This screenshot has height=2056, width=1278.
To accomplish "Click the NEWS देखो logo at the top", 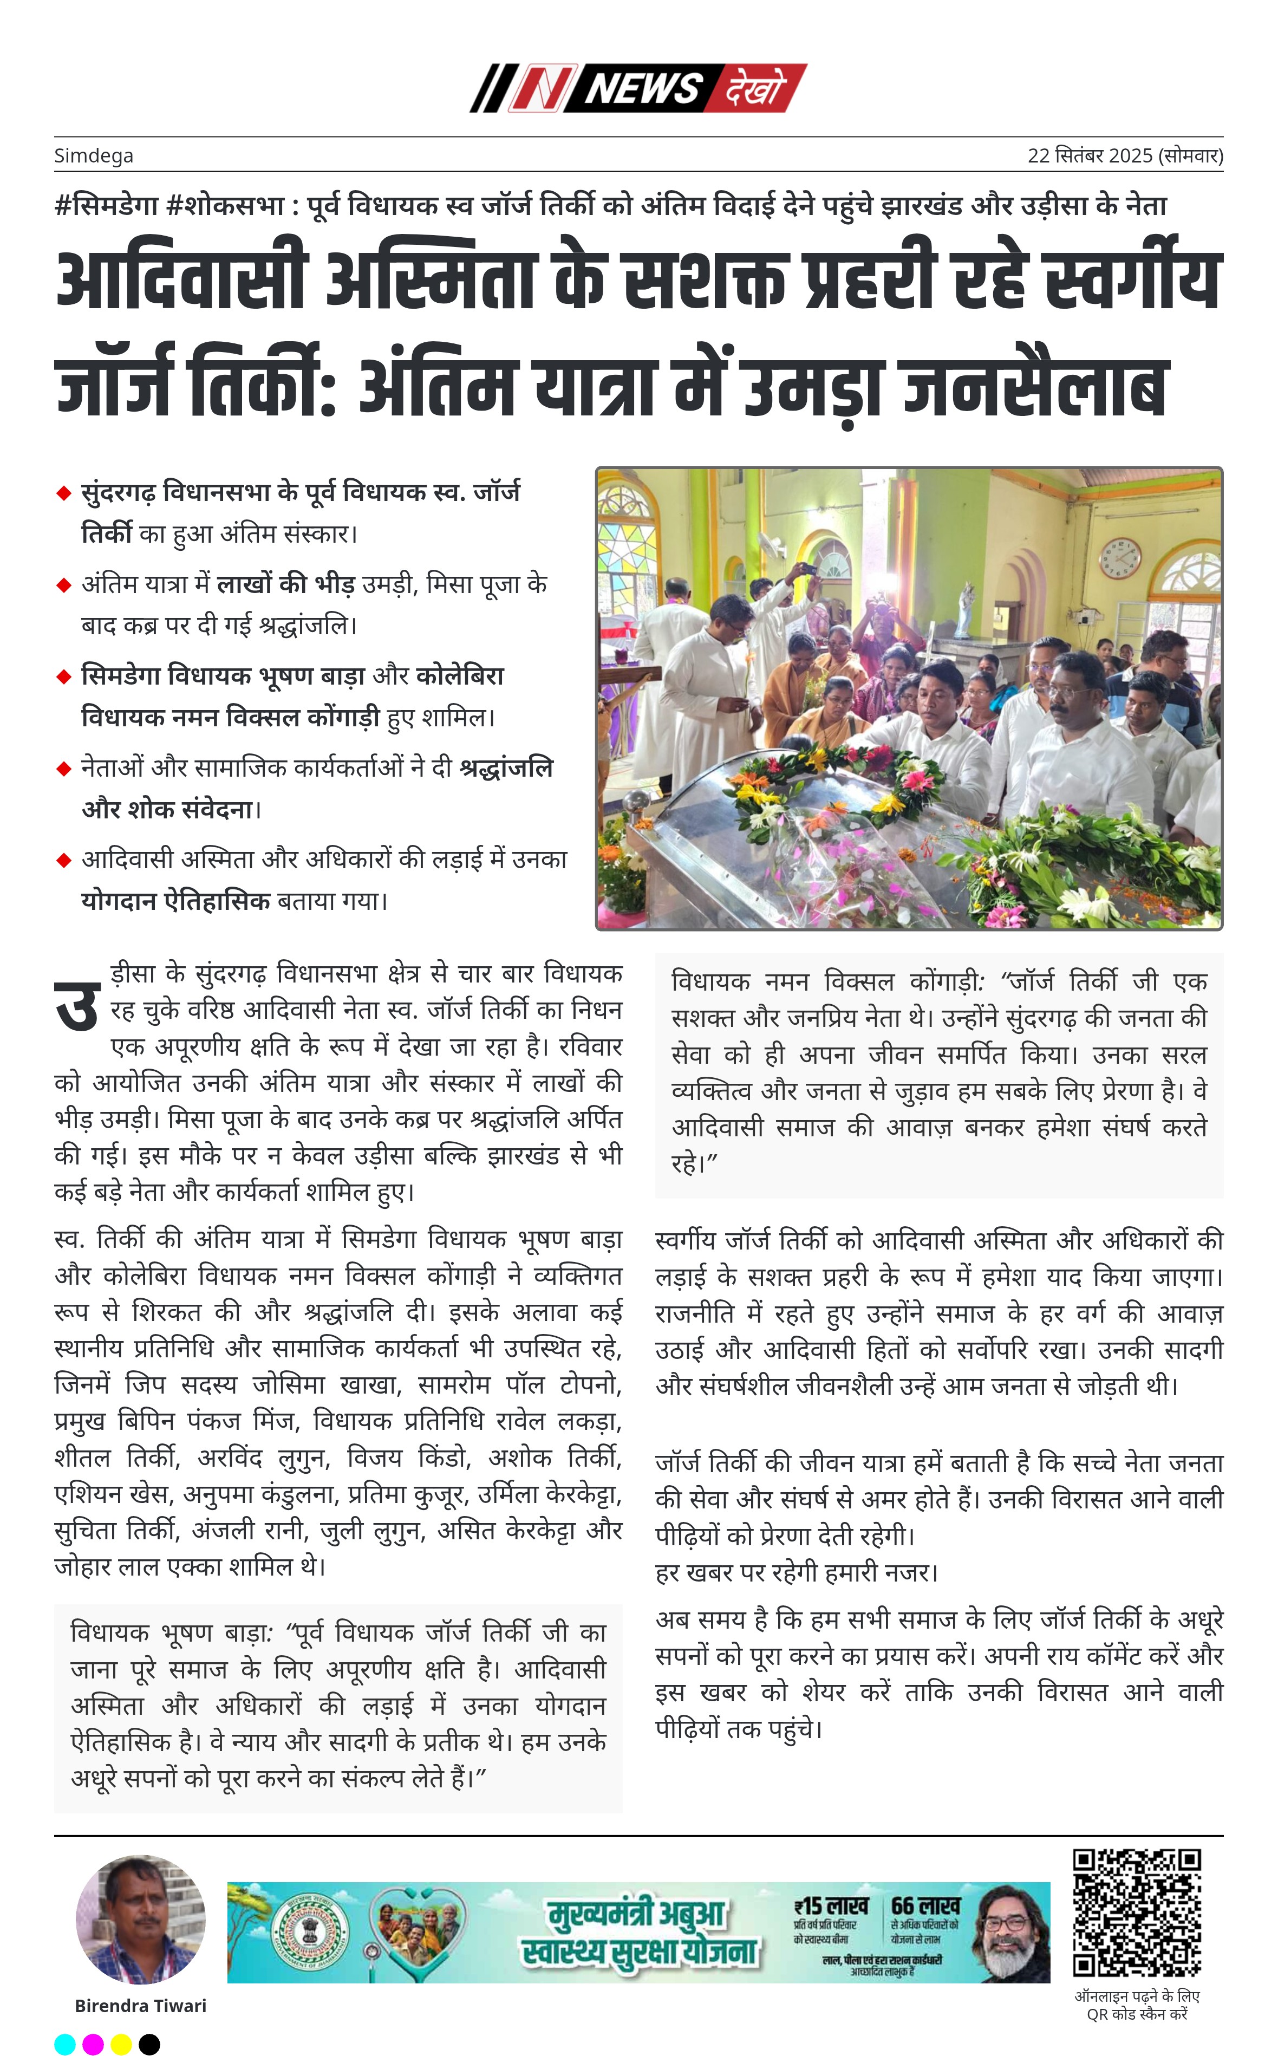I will tap(638, 88).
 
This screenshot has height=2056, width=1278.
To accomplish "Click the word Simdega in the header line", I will tap(94, 155).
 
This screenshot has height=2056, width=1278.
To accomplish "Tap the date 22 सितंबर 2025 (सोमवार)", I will tap(1124, 155).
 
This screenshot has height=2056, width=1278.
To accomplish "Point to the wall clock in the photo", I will tap(1120, 558).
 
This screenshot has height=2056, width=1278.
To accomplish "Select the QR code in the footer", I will tap(1137, 1912).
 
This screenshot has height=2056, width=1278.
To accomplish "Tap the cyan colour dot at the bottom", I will tap(65, 2044).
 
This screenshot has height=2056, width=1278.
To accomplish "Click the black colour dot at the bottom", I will tap(149, 2044).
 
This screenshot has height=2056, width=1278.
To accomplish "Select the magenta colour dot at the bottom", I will tap(93, 2044).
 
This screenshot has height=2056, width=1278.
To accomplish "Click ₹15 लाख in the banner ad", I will tap(831, 1907).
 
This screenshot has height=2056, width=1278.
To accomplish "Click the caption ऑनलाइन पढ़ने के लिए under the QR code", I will tap(1137, 1996).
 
